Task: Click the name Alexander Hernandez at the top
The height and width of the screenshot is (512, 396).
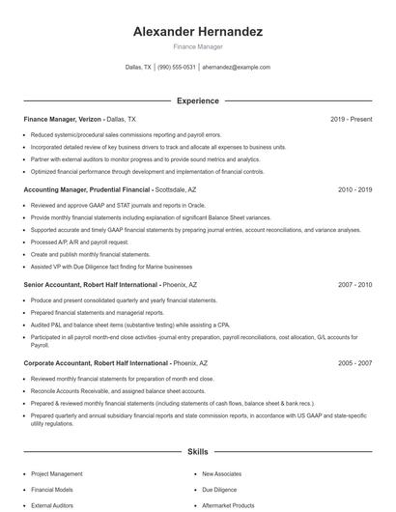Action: [x=198, y=32]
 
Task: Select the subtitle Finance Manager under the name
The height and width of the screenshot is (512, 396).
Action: [x=198, y=46]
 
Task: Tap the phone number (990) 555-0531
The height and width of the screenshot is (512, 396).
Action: [x=177, y=68]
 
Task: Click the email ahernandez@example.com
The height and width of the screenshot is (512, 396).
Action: [x=236, y=68]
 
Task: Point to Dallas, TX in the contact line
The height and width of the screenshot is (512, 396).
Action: [x=138, y=68]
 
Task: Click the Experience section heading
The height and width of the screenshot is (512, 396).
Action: [x=198, y=100]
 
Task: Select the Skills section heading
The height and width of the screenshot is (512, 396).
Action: [x=198, y=451]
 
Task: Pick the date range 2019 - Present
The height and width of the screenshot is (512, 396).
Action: [x=351, y=119]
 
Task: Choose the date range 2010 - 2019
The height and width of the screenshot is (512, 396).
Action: [x=354, y=190]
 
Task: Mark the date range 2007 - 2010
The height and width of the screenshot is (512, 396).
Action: [x=354, y=285]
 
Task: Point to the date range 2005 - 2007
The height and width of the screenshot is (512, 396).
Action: [x=354, y=362]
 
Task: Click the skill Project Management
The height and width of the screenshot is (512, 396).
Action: [x=57, y=474]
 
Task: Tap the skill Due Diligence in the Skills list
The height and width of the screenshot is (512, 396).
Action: [x=219, y=490]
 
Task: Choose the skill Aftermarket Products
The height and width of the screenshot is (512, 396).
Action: [x=228, y=505]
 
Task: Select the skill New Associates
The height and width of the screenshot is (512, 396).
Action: [x=221, y=474]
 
